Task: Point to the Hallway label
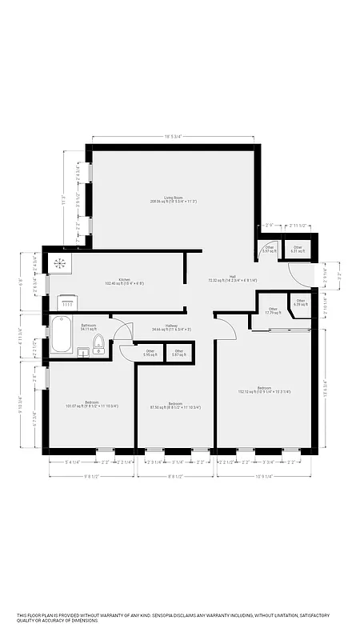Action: coord(171,327)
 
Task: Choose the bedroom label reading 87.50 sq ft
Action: coord(174,405)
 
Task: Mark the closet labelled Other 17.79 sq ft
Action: coord(273,310)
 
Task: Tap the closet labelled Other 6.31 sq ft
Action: coord(298,250)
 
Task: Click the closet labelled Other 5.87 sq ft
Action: coord(179,352)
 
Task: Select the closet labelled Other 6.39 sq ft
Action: coord(300,302)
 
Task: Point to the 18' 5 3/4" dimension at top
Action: coord(174,137)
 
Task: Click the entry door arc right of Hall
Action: coord(301,276)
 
